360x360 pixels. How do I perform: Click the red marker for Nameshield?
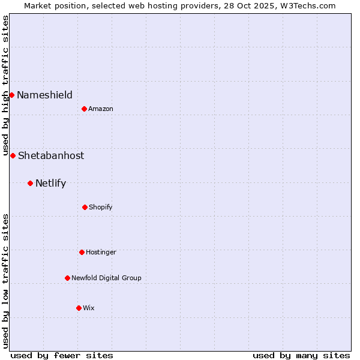tap(11, 95)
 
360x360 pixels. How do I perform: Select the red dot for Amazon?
tap(84, 109)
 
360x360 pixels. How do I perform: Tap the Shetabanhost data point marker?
tap(13, 155)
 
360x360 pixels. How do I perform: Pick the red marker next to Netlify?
tap(30, 183)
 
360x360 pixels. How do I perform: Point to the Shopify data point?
tap(85, 207)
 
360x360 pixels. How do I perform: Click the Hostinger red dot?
tap(82, 252)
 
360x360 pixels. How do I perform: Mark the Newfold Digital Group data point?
tap(67, 278)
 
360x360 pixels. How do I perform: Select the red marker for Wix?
tap(79, 308)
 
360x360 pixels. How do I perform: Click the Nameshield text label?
tap(44, 95)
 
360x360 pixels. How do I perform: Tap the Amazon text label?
tap(101, 109)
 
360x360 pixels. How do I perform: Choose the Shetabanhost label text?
tap(51, 155)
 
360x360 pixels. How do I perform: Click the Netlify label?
tap(50, 183)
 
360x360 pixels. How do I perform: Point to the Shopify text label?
tap(101, 207)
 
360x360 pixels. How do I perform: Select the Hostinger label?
tap(101, 252)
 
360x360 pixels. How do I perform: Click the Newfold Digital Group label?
tap(106, 278)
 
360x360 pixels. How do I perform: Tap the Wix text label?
tap(89, 308)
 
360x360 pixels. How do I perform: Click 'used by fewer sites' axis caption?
tap(62, 355)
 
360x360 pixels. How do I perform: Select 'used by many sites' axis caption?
tap(301, 355)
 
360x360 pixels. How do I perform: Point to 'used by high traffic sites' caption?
tap(5, 84)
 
